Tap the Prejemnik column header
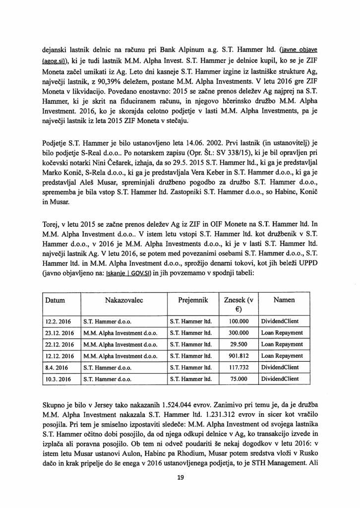(191, 301)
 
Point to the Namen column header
(284, 301)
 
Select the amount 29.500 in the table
(240, 344)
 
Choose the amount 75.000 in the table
(240, 379)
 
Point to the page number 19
(180, 478)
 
